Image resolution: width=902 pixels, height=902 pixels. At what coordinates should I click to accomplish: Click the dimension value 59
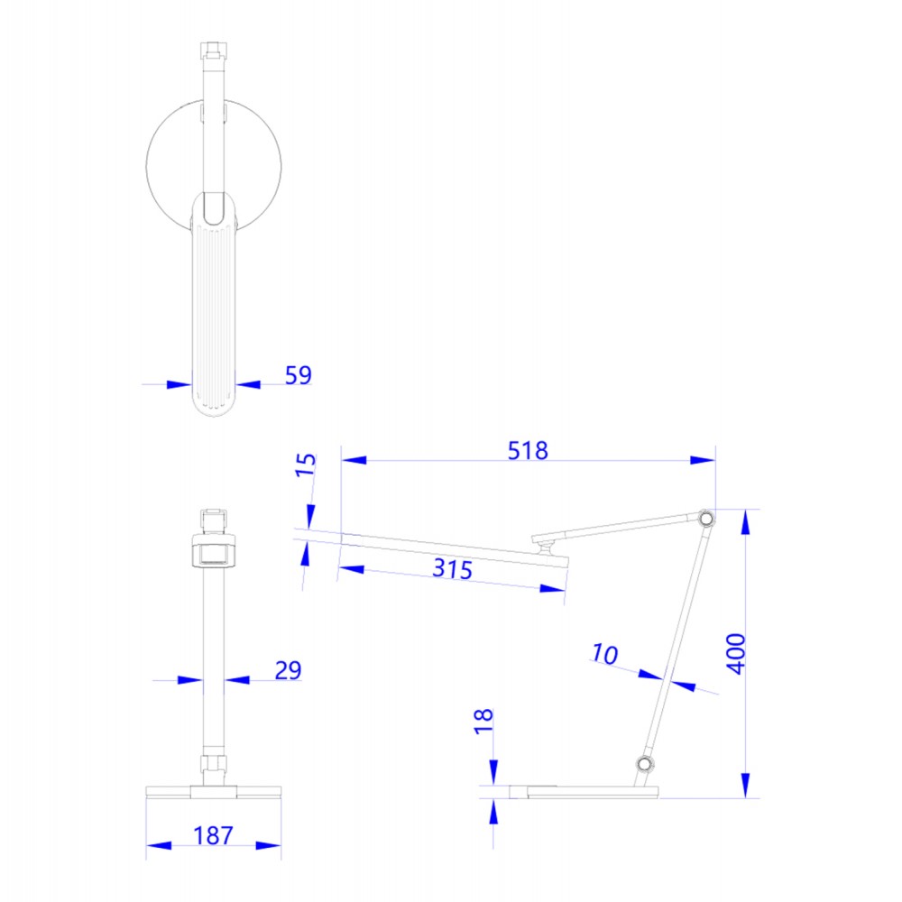coord(298,375)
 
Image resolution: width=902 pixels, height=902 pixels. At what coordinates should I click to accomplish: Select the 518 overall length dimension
coord(528,450)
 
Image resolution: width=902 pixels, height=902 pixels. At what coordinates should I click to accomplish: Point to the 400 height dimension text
coord(736,653)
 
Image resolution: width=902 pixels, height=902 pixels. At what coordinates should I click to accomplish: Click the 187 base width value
coord(213,835)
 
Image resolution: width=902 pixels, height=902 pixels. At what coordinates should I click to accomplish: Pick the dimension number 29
coord(288,670)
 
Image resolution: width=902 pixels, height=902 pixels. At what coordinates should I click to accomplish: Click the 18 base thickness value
coord(484,722)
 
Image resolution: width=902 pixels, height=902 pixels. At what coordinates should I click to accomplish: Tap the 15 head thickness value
coord(307,465)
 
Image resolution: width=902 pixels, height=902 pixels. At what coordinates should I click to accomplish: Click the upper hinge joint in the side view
coord(704,519)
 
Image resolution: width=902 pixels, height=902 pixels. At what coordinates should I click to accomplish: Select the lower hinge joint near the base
coord(643,765)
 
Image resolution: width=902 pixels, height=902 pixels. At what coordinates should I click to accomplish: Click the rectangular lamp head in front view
coord(213,552)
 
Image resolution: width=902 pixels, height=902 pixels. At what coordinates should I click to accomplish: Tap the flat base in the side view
coord(583,792)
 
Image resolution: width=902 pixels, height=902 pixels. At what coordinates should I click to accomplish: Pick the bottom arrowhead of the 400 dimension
coord(746,785)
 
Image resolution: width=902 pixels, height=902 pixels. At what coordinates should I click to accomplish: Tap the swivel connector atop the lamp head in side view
coord(544,544)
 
